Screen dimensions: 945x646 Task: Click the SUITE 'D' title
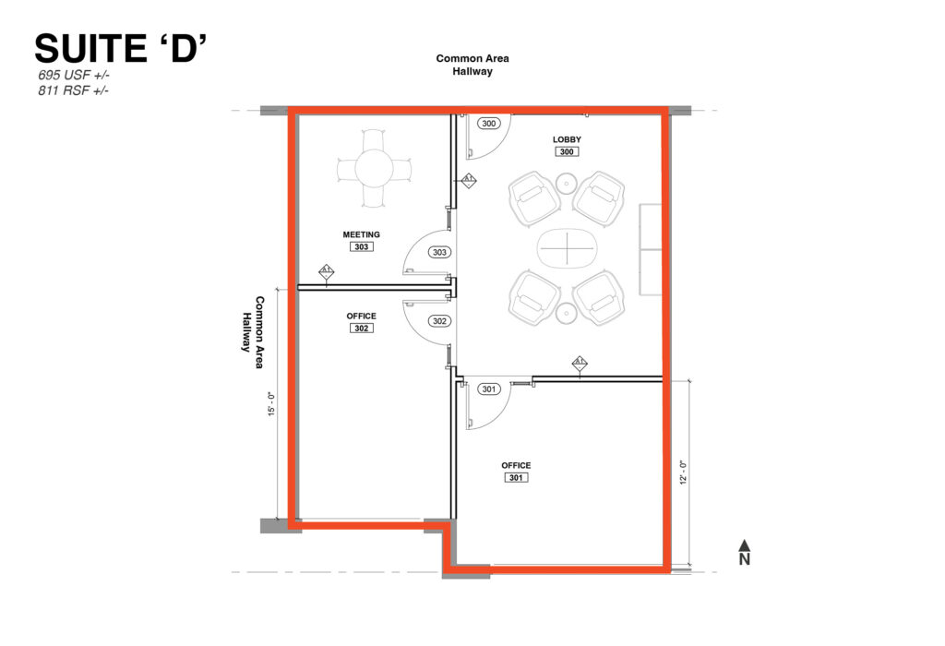click(121, 48)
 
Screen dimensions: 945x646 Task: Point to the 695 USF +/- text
click(74, 76)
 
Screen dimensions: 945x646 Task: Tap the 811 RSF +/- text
click(74, 90)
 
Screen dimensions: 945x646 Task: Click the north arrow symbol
click(745, 552)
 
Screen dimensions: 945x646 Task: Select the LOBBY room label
click(567, 139)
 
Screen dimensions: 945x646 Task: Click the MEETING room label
click(362, 234)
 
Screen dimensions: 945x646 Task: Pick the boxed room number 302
click(362, 328)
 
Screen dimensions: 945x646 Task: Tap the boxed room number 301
click(516, 477)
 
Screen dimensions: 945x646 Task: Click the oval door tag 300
click(489, 124)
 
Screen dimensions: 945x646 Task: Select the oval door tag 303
click(439, 252)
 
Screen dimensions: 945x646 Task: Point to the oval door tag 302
click(439, 321)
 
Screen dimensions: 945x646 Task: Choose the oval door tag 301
click(489, 389)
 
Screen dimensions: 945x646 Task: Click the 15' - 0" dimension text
click(272, 404)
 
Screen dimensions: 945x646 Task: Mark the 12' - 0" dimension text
click(683, 473)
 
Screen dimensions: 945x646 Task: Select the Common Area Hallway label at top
click(472, 65)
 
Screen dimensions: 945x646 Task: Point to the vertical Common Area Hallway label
click(253, 332)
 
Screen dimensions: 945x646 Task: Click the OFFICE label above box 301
click(516, 465)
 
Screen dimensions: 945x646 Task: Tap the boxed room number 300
click(567, 152)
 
